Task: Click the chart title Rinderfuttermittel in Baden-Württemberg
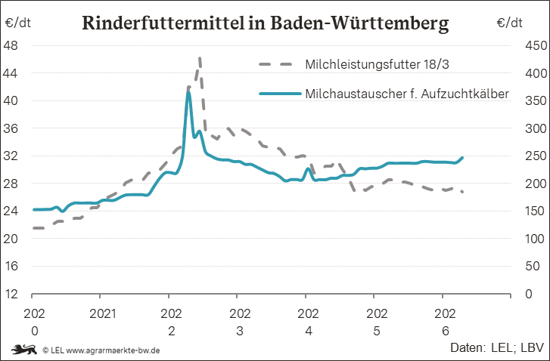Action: (266, 23)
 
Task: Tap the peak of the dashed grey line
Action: (200, 58)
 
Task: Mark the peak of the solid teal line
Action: (188, 91)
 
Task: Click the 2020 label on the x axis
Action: (34, 322)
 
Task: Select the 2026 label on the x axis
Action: (445, 322)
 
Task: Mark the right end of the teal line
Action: (462, 158)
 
